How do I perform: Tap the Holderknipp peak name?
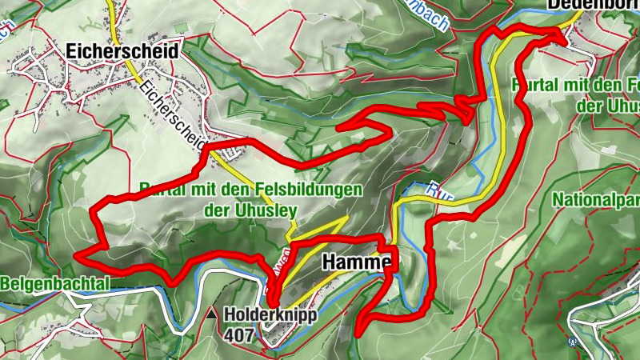point(270,315)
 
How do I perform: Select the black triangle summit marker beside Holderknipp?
point(211,315)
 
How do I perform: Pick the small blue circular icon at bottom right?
point(573,342)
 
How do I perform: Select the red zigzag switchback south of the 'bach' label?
point(462,108)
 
